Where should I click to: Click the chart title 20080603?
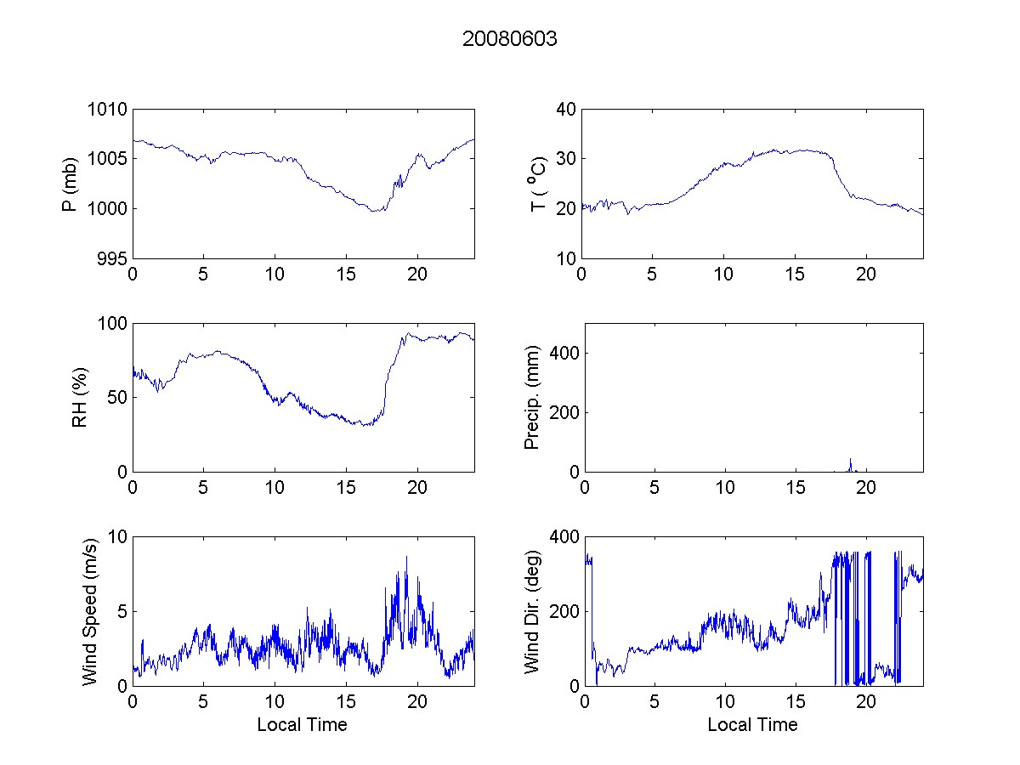509,39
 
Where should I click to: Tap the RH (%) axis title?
80,397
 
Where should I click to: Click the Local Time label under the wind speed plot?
302,725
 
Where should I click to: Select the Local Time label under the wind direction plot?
752,725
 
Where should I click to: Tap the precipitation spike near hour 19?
850,460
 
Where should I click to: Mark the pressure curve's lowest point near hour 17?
374,211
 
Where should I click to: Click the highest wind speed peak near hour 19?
406,557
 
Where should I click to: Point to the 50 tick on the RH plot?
119,398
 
